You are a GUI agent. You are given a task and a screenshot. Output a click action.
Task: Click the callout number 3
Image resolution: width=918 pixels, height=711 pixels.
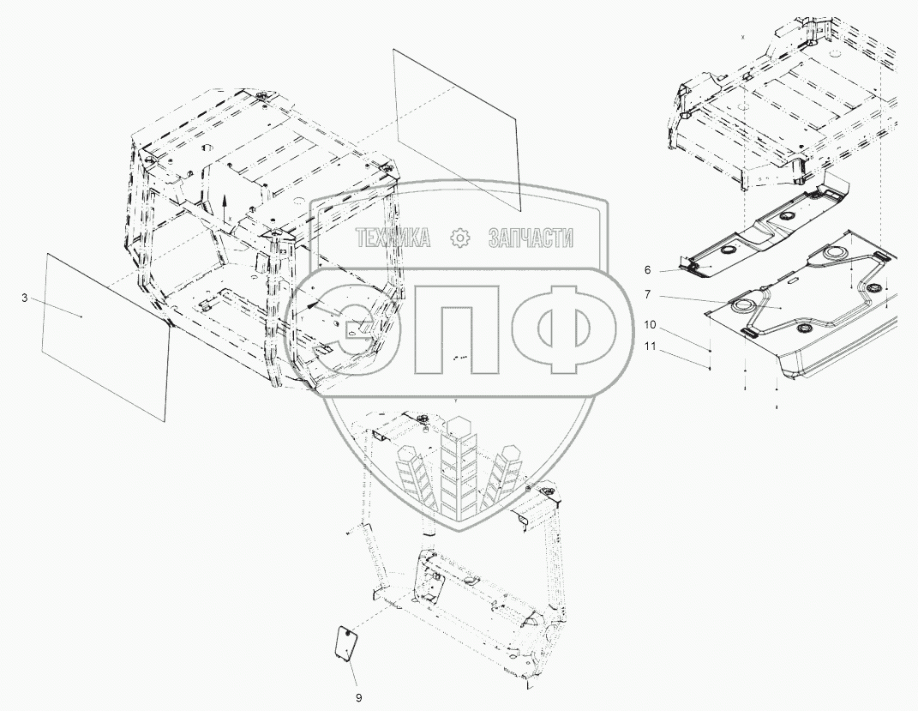[x=25, y=298]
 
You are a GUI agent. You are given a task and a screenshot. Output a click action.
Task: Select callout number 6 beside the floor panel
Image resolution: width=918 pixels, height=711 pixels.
[x=648, y=269]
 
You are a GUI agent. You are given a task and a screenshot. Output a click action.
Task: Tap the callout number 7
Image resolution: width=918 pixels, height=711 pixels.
[x=648, y=294]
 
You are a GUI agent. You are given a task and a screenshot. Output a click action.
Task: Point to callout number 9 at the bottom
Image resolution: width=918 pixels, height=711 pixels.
[x=359, y=698]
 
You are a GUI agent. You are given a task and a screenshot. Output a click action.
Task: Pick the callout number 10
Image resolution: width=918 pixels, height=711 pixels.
[x=650, y=325]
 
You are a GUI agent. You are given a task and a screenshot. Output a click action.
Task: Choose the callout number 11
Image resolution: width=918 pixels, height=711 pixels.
[x=650, y=346]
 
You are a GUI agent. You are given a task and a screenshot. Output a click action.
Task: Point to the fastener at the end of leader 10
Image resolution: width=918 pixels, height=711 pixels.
[x=711, y=352]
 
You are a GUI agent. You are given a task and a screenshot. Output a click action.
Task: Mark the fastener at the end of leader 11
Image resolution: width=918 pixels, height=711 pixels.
[x=711, y=368]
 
